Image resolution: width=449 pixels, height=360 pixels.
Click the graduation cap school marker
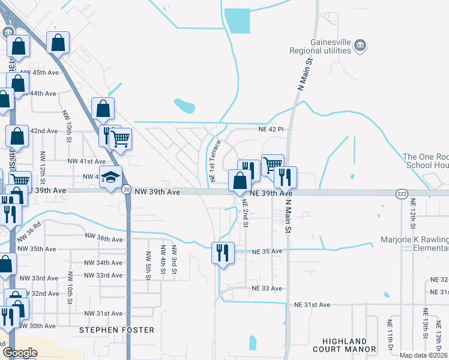[110, 178]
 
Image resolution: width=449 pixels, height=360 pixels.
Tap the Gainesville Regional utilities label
[329, 47]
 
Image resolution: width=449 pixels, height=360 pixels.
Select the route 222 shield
[402, 193]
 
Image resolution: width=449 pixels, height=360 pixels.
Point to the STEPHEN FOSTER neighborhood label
[117, 330]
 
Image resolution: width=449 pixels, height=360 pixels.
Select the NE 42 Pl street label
[271, 129]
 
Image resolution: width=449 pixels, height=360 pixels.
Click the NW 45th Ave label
[40, 73]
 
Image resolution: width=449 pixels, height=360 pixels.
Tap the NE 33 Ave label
[267, 289]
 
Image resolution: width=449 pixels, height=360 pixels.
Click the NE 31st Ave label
[312, 305]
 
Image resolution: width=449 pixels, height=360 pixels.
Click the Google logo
[20, 353]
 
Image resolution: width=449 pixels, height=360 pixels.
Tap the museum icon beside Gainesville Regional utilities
[360, 46]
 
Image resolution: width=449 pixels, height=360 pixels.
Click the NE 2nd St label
[245, 213]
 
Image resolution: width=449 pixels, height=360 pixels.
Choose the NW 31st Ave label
[103, 314]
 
